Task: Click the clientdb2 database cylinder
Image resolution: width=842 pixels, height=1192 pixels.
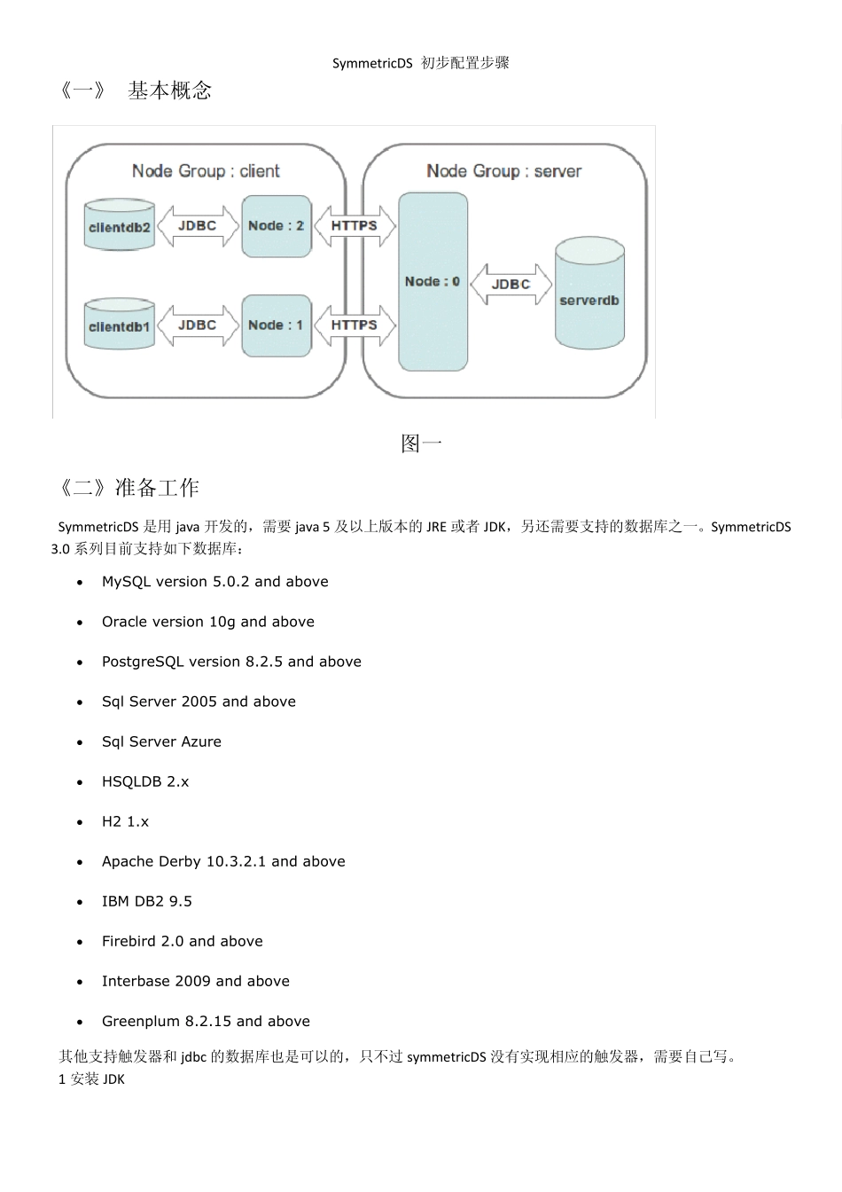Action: [120, 226]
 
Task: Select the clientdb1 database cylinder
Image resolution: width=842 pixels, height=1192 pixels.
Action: [120, 325]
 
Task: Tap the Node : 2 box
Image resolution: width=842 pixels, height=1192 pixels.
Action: [277, 226]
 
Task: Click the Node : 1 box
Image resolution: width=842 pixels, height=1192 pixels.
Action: [277, 325]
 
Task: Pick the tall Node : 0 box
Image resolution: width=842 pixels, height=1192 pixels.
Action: [433, 282]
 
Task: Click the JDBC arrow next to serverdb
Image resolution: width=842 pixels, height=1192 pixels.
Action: [511, 285]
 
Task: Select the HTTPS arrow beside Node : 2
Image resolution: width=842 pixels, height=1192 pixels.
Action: [355, 226]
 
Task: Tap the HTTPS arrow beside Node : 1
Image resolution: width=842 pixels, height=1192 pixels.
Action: [355, 325]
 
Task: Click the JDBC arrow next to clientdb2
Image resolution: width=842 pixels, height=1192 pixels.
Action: [197, 226]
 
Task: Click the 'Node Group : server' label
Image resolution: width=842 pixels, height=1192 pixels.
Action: [503, 171]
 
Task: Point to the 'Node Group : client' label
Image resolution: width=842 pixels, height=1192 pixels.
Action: [206, 171]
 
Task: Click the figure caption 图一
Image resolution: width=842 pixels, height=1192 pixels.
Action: [421, 443]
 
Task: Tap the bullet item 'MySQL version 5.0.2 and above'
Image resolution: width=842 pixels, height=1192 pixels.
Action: [214, 582]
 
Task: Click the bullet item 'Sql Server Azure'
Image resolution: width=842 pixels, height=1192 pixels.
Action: [161, 741]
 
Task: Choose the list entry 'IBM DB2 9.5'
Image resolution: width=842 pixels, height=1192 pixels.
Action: [146, 901]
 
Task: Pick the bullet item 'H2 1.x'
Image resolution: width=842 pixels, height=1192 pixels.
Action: [125, 821]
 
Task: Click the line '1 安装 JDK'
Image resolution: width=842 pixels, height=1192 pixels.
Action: [91, 1079]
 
